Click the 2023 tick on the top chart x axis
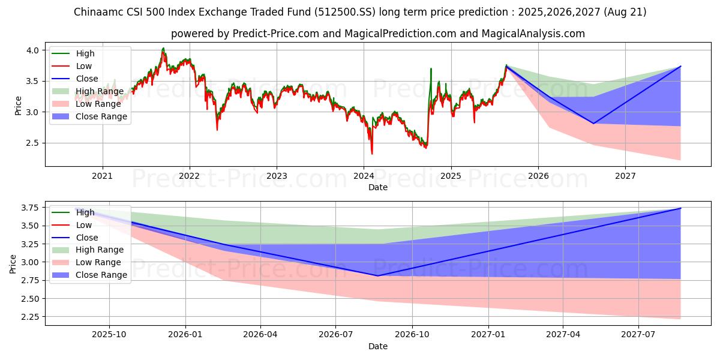click(277, 176)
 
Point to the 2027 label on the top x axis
click(625, 176)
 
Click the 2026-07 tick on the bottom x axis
click(336, 335)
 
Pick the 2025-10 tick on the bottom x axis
click(109, 335)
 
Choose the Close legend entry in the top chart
click(87, 79)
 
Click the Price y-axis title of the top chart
click(18, 106)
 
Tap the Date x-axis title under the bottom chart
click(378, 346)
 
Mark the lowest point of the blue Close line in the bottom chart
click(377, 276)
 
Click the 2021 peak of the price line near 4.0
click(163, 49)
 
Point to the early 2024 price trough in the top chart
click(372, 153)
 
